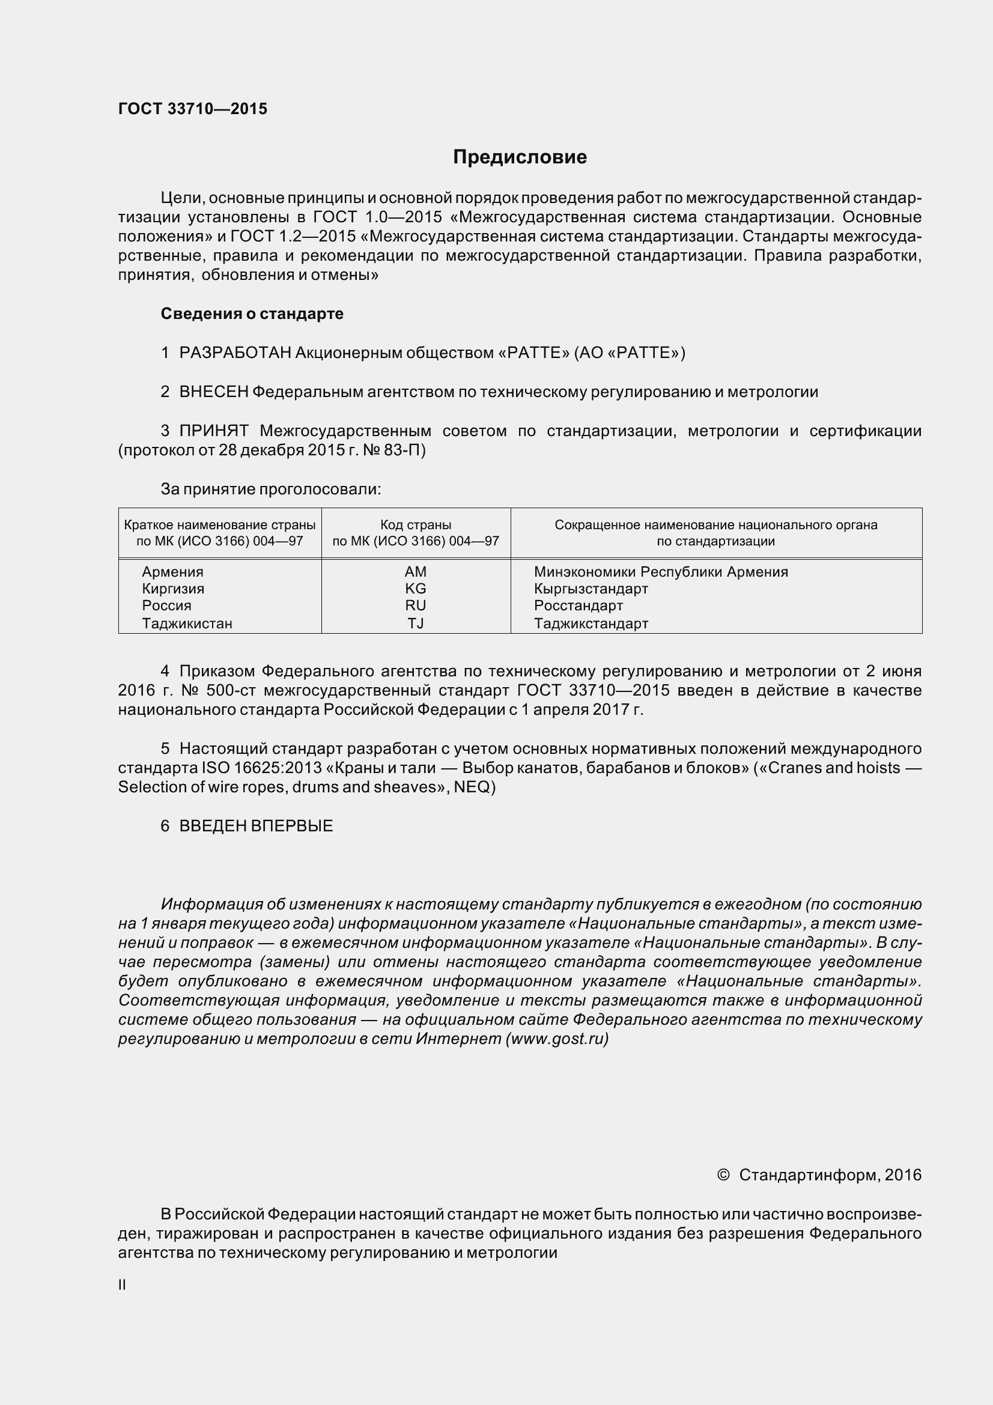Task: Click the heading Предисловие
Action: pos(520,157)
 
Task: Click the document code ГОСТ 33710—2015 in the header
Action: pos(193,109)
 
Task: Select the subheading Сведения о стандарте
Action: pos(252,314)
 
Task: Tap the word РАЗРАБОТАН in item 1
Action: pos(235,353)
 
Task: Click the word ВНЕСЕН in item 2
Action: pos(213,392)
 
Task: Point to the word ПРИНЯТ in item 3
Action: pos(213,431)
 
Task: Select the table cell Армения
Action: pos(172,571)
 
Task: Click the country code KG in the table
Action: pos(416,589)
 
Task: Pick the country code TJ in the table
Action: pos(416,624)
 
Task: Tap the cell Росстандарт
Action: pos(578,606)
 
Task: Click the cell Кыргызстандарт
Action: pos(591,589)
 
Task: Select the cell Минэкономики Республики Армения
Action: pos(661,571)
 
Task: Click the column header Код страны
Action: pos(416,524)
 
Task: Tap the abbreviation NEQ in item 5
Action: pos(472,787)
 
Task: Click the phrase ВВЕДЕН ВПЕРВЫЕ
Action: pos(256,825)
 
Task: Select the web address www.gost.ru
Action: pos(557,1039)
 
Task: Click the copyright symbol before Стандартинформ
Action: pos(723,1175)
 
